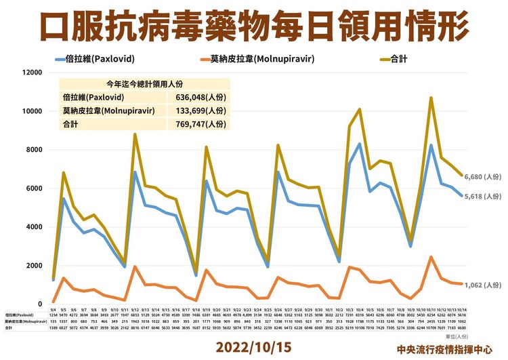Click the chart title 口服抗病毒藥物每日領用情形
pos(254,26)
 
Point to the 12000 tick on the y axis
pos(32,73)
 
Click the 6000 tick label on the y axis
pos(34,188)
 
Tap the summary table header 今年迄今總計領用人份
pos(144,85)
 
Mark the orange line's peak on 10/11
pos(431,257)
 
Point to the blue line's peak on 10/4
pos(359,144)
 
